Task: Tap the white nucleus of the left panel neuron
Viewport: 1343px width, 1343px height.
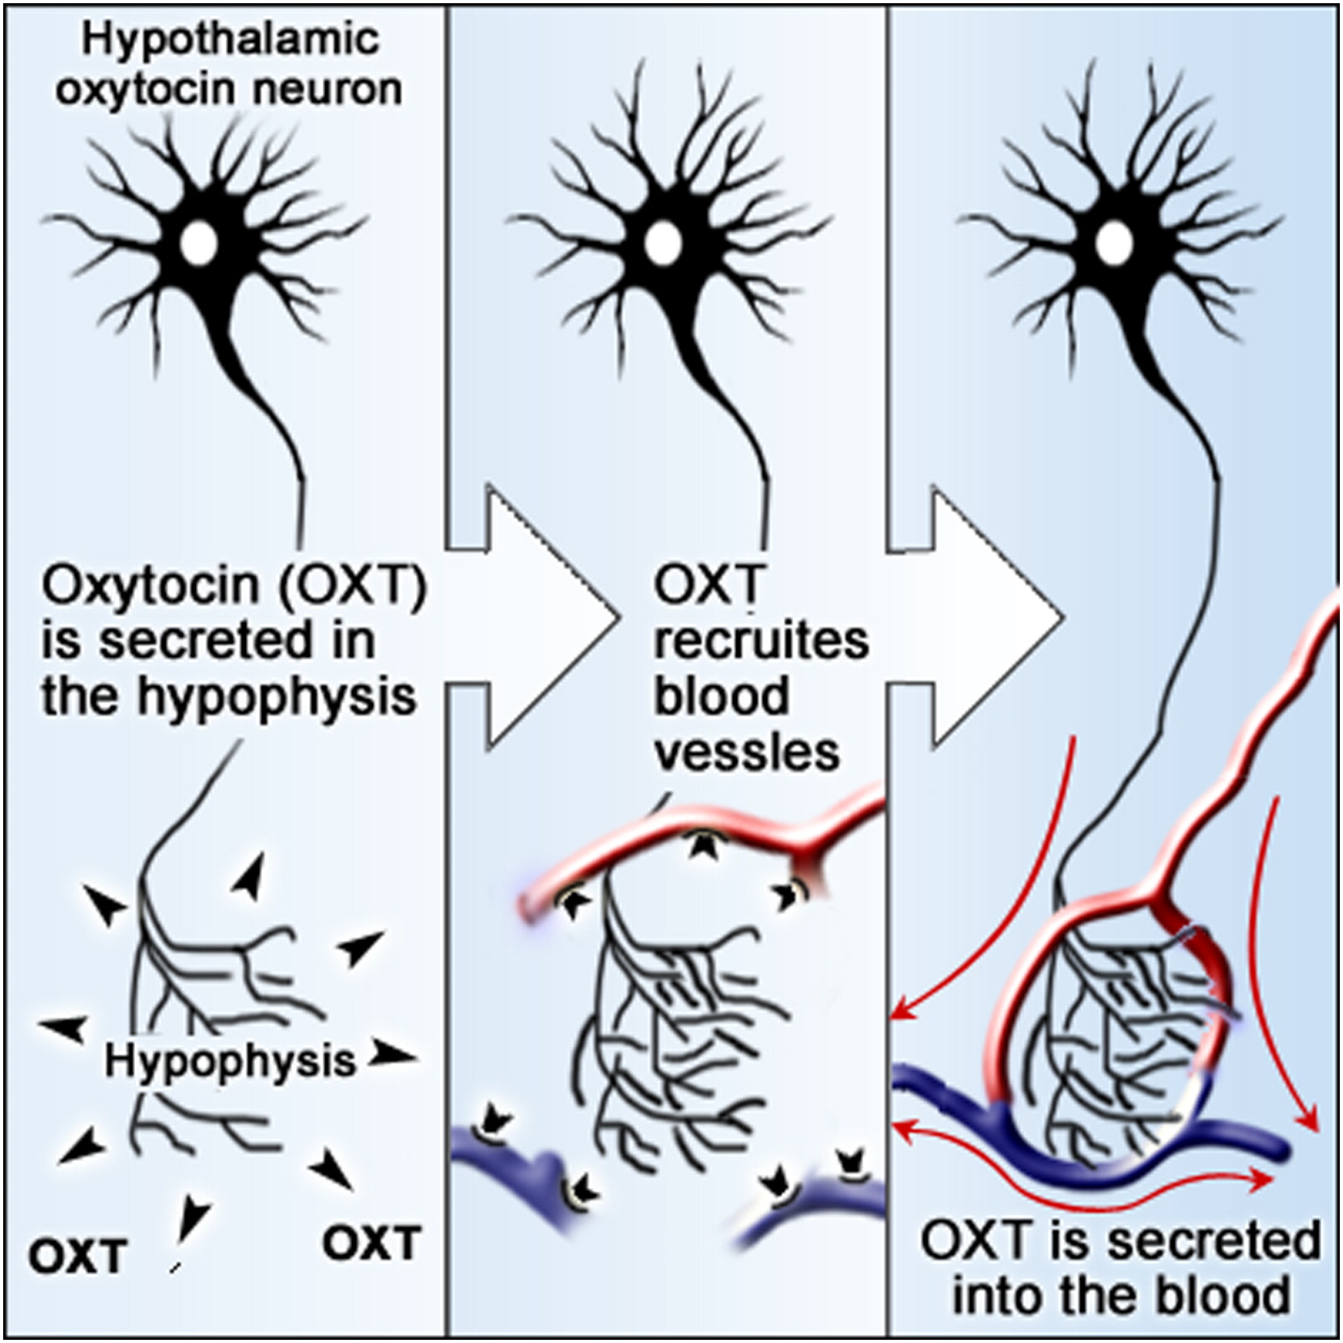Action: click(x=198, y=239)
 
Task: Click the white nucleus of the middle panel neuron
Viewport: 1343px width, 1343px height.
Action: click(x=663, y=239)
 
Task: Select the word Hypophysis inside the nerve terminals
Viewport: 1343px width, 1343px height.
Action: click(x=231, y=1061)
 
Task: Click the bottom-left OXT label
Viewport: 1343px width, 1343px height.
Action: click(x=78, y=1256)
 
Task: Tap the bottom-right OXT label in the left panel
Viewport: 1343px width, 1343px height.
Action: click(x=372, y=1242)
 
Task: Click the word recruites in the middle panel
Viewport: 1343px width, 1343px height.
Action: click(x=760, y=641)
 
